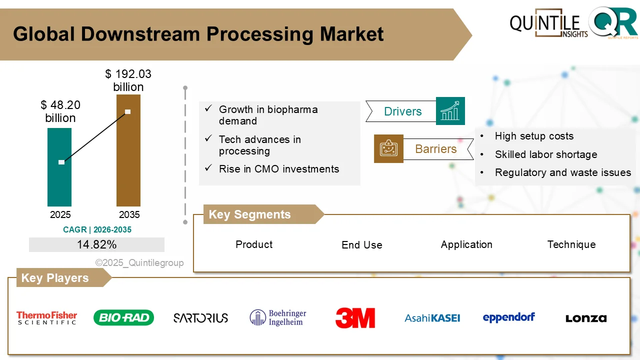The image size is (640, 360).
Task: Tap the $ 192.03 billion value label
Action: pyautogui.click(x=128, y=80)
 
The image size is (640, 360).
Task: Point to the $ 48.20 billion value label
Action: pyautogui.click(x=60, y=111)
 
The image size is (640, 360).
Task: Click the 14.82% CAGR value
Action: pyautogui.click(x=96, y=244)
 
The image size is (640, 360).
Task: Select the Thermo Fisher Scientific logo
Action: pyautogui.click(x=47, y=318)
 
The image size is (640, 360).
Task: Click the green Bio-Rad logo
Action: pyautogui.click(x=123, y=317)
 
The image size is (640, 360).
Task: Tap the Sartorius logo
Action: pyautogui.click(x=200, y=318)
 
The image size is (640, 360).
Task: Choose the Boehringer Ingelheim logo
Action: pyautogui.click(x=278, y=317)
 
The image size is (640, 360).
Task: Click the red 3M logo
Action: pyautogui.click(x=355, y=318)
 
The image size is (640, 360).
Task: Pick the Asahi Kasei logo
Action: pyautogui.click(x=432, y=318)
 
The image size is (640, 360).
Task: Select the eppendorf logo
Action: pyautogui.click(x=509, y=317)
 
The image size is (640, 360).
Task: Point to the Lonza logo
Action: pyautogui.click(x=586, y=318)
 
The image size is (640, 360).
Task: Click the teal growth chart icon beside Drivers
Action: pyautogui.click(x=450, y=111)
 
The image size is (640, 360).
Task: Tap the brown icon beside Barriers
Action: pyautogui.click(x=388, y=148)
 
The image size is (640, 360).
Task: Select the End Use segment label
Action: pyautogui.click(x=362, y=245)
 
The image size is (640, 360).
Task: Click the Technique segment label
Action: pyautogui.click(x=571, y=244)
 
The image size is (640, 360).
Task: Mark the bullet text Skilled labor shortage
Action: pyautogui.click(x=546, y=154)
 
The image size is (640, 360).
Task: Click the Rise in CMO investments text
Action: pyautogui.click(x=279, y=169)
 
